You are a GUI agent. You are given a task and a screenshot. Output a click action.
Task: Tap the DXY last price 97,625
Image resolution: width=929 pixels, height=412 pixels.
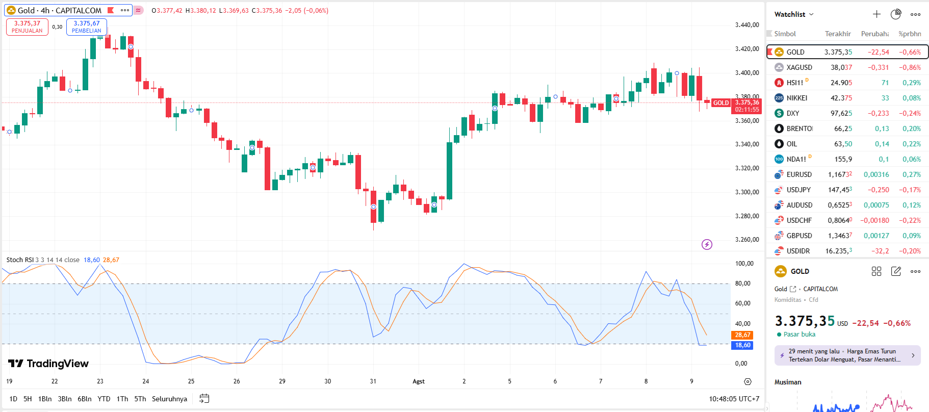(x=841, y=113)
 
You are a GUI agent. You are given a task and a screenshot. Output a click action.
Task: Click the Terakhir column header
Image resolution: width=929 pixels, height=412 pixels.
(x=838, y=34)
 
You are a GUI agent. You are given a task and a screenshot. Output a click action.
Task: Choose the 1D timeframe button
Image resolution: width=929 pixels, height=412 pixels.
(x=13, y=399)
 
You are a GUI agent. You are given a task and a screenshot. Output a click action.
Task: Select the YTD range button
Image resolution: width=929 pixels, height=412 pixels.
(x=104, y=399)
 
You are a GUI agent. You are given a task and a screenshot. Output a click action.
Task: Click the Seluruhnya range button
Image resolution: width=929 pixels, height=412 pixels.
(x=169, y=399)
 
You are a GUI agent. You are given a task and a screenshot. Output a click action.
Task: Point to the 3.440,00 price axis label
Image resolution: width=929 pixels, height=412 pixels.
(x=747, y=25)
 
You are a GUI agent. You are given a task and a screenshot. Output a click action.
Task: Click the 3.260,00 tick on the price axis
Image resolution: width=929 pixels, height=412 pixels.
(x=747, y=240)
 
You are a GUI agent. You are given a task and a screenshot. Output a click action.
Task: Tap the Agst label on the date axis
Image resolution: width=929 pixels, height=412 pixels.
(x=419, y=381)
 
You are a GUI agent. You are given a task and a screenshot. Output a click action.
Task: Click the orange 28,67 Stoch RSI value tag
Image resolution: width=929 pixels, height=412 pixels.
(x=742, y=335)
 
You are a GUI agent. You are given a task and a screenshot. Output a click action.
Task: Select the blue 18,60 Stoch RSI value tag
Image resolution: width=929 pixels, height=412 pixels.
(x=742, y=345)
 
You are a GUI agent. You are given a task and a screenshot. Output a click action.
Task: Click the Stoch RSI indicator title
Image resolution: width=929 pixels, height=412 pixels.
(x=20, y=260)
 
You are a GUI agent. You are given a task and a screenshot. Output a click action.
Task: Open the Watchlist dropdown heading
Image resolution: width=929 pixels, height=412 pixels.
(x=793, y=14)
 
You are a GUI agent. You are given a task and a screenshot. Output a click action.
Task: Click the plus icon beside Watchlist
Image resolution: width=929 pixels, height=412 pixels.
(x=876, y=14)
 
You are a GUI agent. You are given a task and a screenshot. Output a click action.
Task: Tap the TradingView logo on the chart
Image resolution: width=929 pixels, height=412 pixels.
(x=48, y=364)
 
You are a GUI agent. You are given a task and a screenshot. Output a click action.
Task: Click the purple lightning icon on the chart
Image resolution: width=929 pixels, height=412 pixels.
(x=707, y=245)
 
